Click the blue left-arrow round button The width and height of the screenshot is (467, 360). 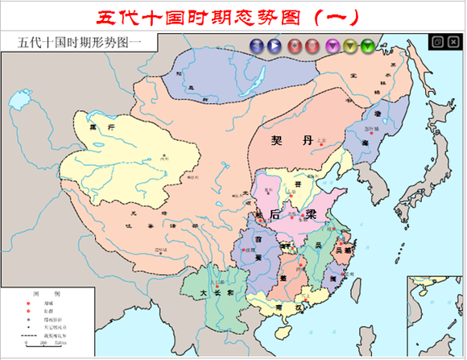tap(255, 46)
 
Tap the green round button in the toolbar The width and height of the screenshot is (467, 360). tap(368, 46)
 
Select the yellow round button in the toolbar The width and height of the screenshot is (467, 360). tap(351, 46)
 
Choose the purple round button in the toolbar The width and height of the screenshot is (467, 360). tap(331, 46)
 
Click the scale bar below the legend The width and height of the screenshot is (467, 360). tap(40, 341)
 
